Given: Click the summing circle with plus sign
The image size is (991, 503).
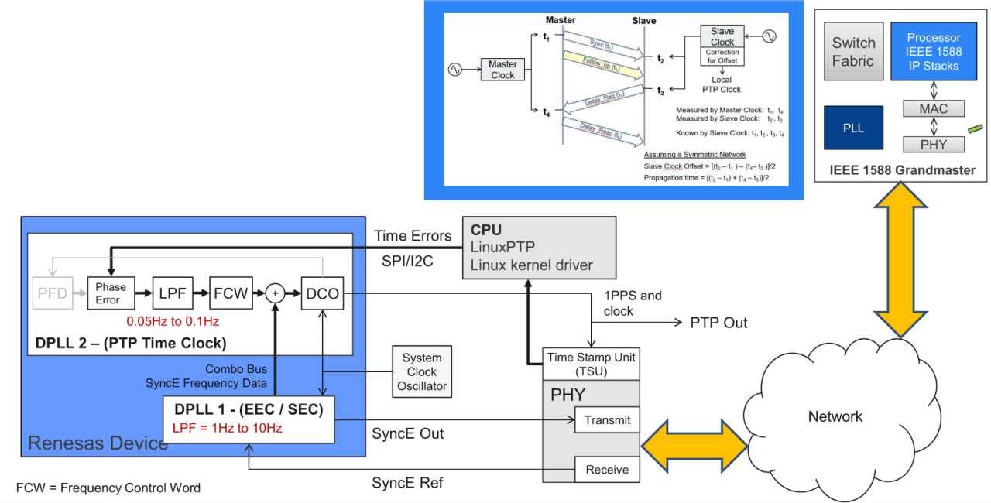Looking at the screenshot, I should pos(275,293).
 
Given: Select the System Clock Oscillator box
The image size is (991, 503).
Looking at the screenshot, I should pos(422,371).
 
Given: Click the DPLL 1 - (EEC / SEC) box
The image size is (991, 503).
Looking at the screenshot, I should pos(249,419).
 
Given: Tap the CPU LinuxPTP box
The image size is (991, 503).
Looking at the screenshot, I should pos(539,248).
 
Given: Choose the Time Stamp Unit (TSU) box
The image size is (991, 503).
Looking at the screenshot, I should pos(592,364).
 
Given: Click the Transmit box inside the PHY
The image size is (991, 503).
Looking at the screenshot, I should pos(607,420).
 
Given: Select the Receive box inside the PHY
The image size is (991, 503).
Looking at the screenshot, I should pos(607,469).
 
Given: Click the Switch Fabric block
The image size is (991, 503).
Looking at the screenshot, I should pos(853,52).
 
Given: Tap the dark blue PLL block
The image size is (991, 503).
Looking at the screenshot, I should pos(852,128).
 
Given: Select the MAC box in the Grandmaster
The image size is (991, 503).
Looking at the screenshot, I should pos(933,109).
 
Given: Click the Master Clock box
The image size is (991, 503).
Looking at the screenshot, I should pos(502,70).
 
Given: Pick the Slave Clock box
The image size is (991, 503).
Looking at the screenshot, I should pos(722,36).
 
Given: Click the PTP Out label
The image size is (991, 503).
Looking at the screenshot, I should pos(718,322).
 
